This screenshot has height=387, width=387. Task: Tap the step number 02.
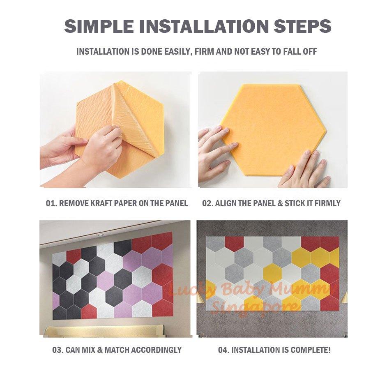pyautogui.click(x=207, y=203)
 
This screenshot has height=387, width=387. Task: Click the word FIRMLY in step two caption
pyautogui.click(x=327, y=203)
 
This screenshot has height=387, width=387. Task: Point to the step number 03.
pyautogui.click(x=57, y=350)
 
